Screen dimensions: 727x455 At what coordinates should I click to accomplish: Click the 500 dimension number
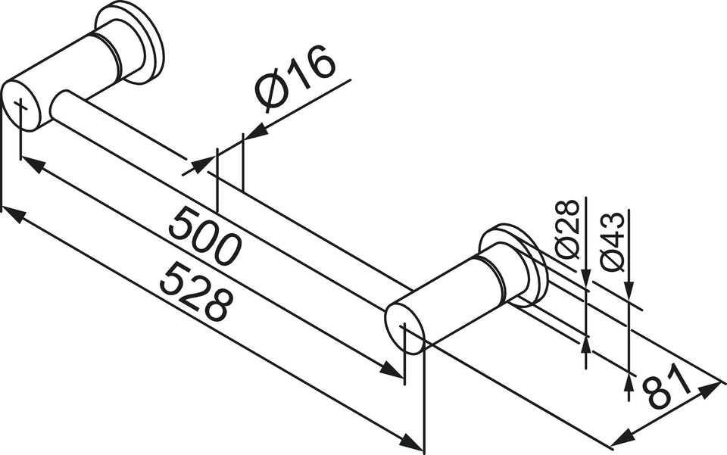(204, 237)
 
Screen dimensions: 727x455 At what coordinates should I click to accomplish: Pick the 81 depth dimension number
(666, 387)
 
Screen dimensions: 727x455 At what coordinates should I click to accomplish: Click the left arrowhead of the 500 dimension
(33, 164)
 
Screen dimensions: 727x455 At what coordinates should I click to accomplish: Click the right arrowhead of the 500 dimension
(392, 369)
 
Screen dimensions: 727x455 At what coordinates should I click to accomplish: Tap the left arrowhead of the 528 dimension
(14, 215)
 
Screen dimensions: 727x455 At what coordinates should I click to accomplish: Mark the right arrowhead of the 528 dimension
(410, 441)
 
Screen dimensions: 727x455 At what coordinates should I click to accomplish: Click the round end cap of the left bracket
(22, 106)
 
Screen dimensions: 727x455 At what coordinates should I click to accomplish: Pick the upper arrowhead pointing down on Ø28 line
(586, 278)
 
